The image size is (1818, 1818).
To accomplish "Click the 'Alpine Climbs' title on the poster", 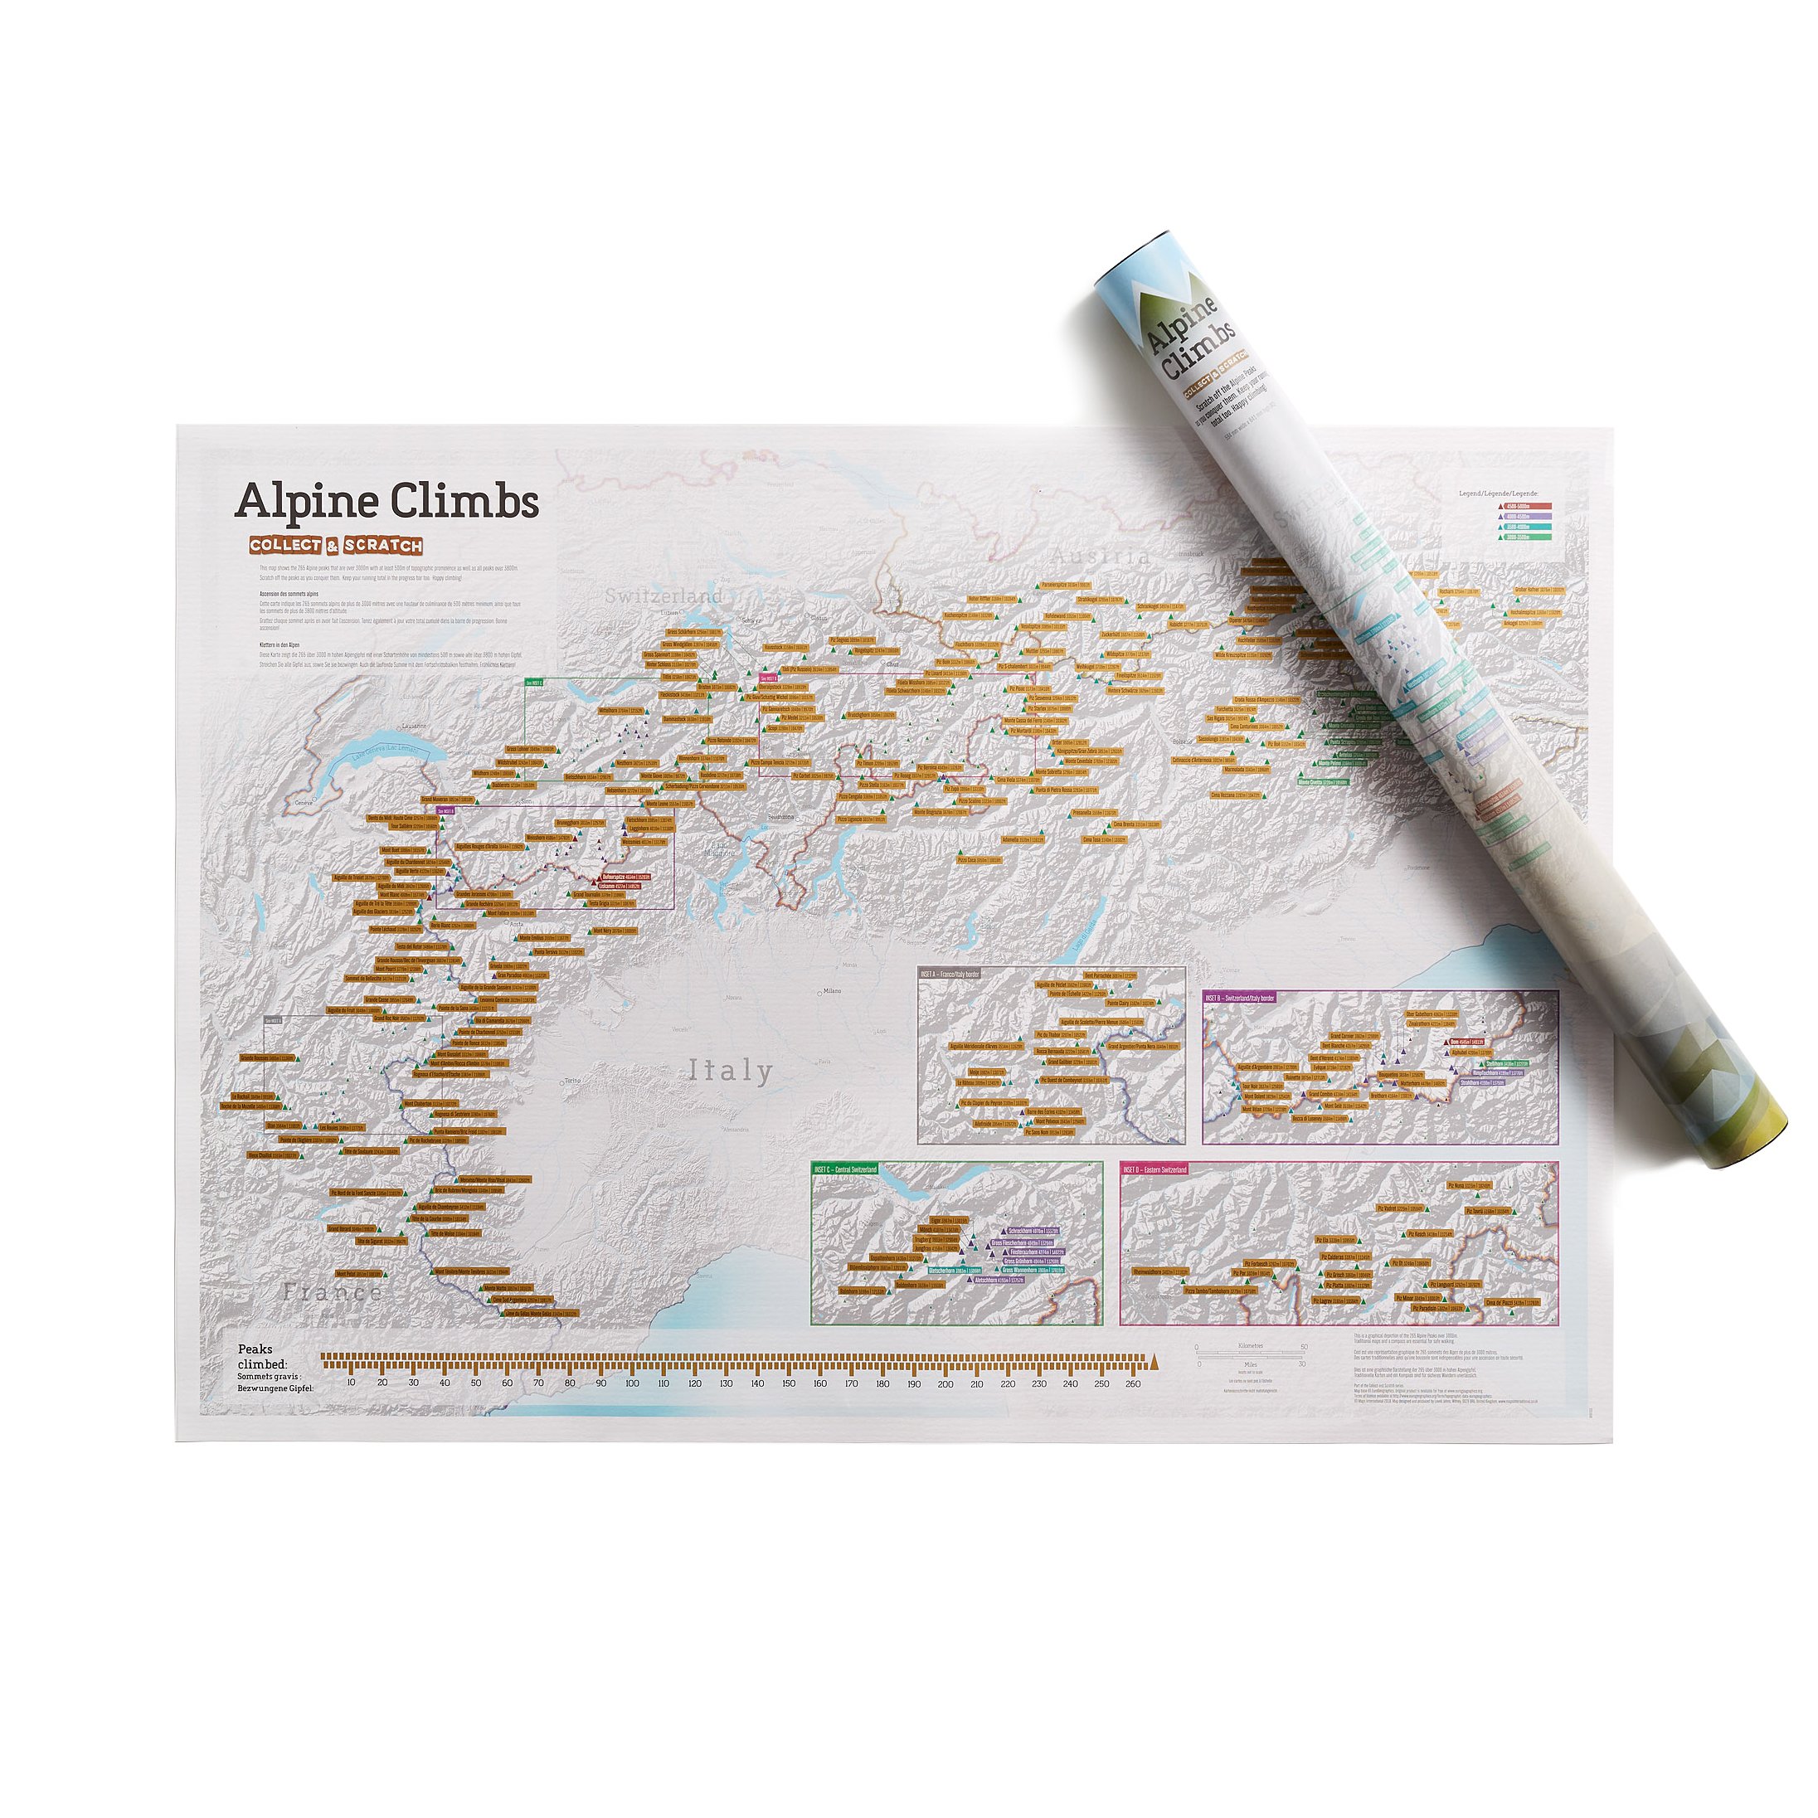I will click(x=386, y=501).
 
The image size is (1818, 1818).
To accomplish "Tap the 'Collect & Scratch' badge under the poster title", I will click(x=336, y=546).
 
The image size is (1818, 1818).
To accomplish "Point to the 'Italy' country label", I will click(x=730, y=1071).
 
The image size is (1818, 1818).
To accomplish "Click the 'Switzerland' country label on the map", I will click(x=664, y=595).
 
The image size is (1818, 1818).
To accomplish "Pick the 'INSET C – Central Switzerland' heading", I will click(x=846, y=1169).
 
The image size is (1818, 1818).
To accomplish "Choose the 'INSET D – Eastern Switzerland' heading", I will click(x=1155, y=1169).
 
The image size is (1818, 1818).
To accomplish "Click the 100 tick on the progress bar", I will click(x=631, y=1383).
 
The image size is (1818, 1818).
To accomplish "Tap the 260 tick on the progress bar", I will click(x=1133, y=1383).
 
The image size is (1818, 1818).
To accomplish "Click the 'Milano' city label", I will click(x=831, y=991).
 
